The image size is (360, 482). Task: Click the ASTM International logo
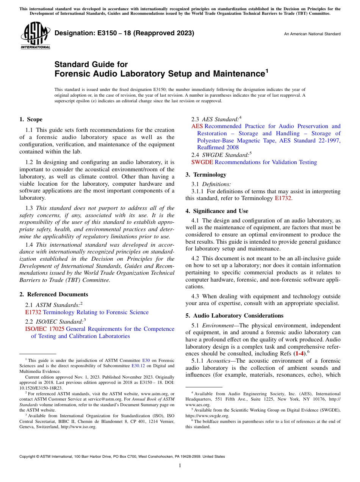(35, 36)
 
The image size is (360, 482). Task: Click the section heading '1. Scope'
(31, 119)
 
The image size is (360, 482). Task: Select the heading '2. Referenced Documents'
(53, 294)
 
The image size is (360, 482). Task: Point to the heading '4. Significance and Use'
(217, 211)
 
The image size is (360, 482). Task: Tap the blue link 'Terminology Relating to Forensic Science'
(95, 312)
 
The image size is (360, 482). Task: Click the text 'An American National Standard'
(312, 34)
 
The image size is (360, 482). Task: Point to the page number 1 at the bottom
(180, 466)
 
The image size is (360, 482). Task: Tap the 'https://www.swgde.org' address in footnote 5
(207, 415)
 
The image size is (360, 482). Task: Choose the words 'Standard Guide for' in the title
(91, 64)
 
